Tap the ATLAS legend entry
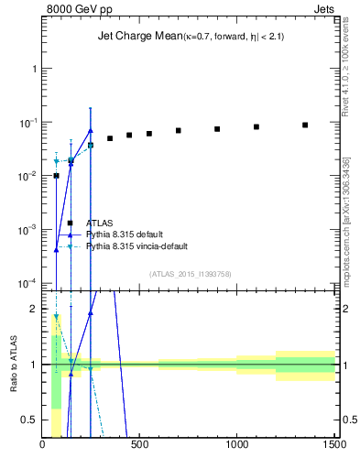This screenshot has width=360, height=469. [x=100, y=223]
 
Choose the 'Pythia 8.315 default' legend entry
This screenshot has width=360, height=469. [x=129, y=234]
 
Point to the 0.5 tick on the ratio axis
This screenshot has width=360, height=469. [x=30, y=420]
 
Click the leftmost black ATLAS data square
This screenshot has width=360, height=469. [x=56, y=175]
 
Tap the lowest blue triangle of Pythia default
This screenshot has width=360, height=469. [x=56, y=249]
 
